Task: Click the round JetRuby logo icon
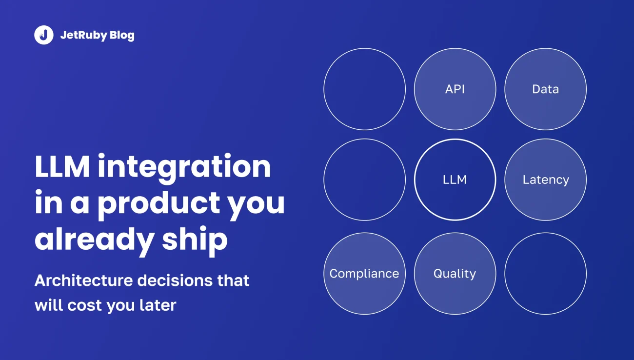(44, 35)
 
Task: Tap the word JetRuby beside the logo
(84, 36)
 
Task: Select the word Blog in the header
(122, 36)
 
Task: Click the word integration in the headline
(184, 167)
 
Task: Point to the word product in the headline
(159, 204)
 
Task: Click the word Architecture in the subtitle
(84, 280)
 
